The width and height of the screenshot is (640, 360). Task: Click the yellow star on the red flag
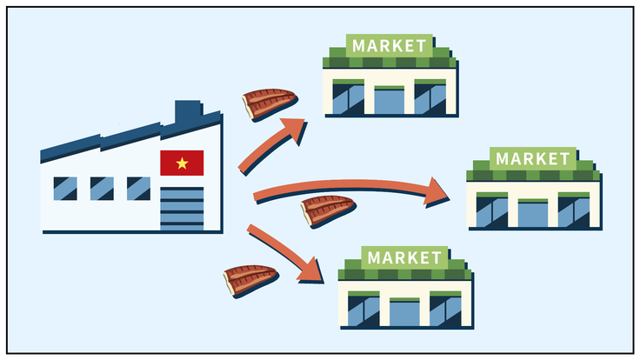(182, 163)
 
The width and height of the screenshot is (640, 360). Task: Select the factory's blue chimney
(187, 114)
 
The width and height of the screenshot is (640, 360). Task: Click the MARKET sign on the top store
(389, 44)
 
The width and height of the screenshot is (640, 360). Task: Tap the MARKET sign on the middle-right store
(533, 159)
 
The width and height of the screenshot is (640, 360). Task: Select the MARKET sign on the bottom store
(404, 257)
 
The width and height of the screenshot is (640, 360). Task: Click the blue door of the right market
(533, 214)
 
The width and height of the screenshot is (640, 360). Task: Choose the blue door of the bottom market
(404, 312)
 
